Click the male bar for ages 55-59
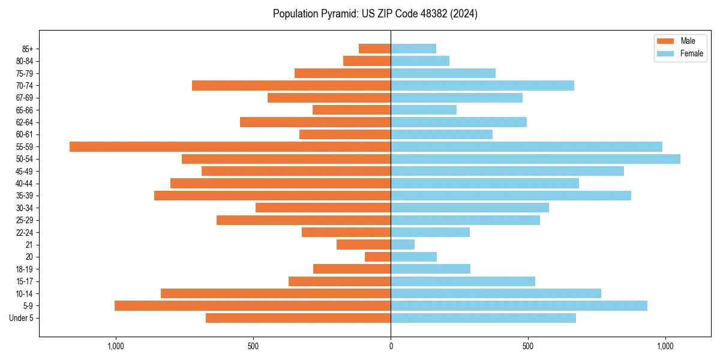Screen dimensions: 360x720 [x=230, y=146]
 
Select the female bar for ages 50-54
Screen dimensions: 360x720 [x=535, y=159]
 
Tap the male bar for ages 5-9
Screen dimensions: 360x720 [x=253, y=305]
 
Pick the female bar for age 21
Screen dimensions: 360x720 [x=403, y=244]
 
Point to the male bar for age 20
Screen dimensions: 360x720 [x=377, y=257]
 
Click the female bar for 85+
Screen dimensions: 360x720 [x=413, y=49]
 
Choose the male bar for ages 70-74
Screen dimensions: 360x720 [x=291, y=85]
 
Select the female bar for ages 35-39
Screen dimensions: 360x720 [x=511, y=196]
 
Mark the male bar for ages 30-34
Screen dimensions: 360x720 [x=323, y=208]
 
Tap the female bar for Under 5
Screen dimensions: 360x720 [x=483, y=318]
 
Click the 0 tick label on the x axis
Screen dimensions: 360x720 [x=391, y=346]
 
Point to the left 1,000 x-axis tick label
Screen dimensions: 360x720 [x=115, y=346]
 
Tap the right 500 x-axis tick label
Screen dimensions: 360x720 [x=528, y=346]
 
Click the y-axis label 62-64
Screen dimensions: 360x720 [x=25, y=122]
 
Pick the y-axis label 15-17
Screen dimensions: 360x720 [x=25, y=281]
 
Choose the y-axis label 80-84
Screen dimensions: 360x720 [x=25, y=61]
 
